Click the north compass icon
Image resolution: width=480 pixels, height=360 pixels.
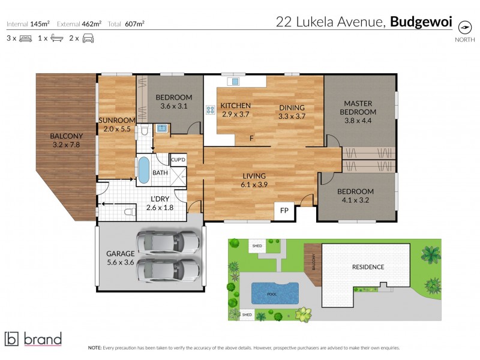[464, 27]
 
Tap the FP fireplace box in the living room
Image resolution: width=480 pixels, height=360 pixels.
[285, 212]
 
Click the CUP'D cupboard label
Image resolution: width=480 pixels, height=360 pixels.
[178, 160]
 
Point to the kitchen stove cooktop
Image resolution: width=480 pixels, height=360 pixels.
[211, 110]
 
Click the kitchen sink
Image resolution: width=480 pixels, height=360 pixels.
[235, 81]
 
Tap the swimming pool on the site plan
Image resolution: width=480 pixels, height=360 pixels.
[274, 293]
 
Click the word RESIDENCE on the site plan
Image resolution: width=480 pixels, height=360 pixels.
[368, 267]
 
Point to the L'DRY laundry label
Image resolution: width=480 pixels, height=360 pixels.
[159, 200]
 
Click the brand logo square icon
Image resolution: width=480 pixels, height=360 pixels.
[12, 338]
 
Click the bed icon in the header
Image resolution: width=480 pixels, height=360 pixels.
[25, 38]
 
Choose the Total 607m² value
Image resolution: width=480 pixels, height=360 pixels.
[134, 25]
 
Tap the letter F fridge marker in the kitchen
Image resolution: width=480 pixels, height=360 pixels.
[252, 140]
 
